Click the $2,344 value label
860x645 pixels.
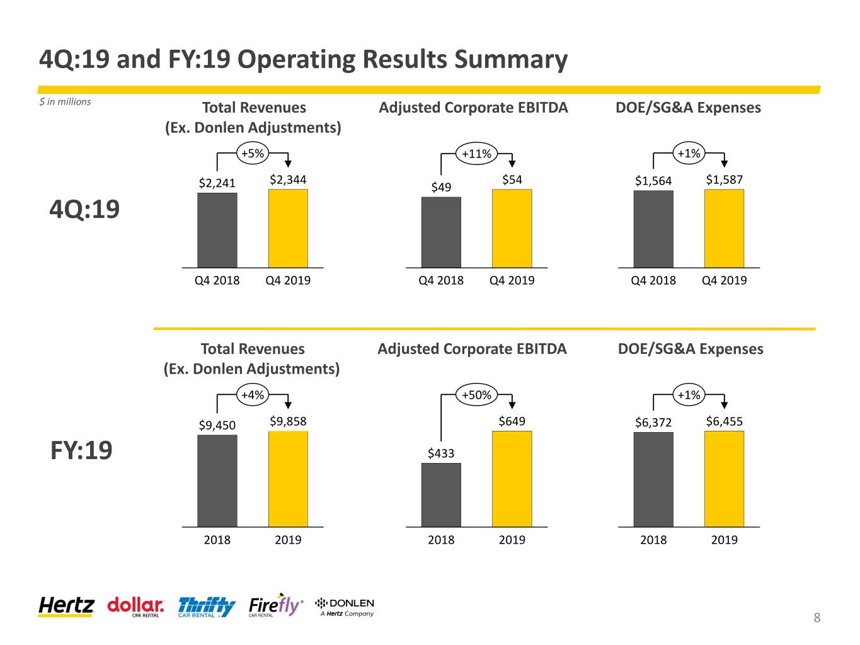click(287, 180)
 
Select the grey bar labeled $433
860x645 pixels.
click(441, 494)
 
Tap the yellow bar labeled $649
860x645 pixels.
click(512, 479)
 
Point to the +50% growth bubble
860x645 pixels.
click(476, 395)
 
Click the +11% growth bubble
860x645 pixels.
click(476, 154)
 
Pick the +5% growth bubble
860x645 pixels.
click(253, 153)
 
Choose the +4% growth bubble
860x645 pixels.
click(253, 395)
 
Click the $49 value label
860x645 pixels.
click(441, 187)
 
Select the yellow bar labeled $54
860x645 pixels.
click(512, 228)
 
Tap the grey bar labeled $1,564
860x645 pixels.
click(653, 229)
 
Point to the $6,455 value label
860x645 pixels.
click(724, 421)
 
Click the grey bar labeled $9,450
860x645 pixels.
click(217, 481)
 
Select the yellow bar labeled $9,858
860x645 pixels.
click(288, 479)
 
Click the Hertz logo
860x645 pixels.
click(66, 606)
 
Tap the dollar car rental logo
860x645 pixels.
click(135, 607)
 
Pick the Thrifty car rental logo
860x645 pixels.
click(207, 607)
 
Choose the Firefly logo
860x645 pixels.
click(276, 605)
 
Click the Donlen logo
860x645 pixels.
click(345, 607)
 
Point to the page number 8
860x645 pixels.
click(817, 617)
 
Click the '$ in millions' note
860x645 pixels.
click(65, 102)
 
